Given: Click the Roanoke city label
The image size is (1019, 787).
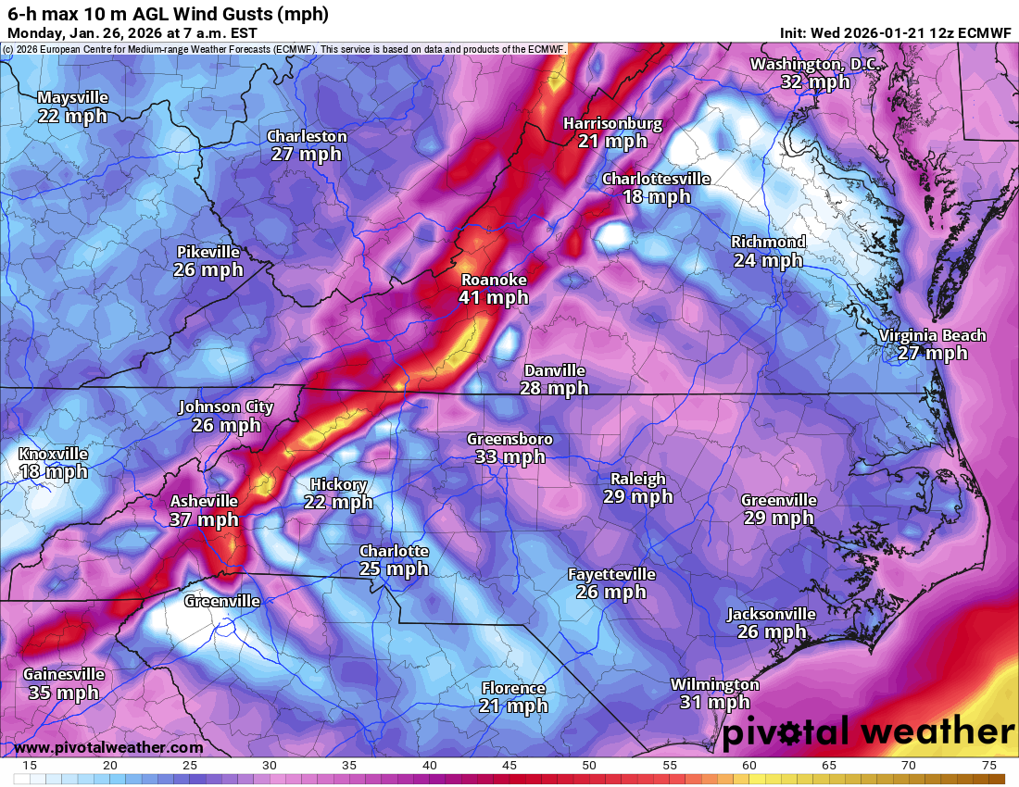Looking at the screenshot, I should pos(494,280).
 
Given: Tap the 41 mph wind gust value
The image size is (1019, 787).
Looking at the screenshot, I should pos(494,298).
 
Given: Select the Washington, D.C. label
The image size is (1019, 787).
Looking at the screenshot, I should pos(815,64).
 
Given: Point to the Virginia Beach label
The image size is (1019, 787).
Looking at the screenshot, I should pos(932,335).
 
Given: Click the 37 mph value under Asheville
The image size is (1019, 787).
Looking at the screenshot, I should pos(204,520).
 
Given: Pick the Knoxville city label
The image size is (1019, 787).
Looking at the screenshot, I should pos(53,454).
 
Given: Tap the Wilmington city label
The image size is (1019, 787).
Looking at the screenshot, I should pos(714,684).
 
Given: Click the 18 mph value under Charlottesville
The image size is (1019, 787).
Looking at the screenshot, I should pos(656,196).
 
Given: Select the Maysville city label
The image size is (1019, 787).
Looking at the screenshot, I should pos(72,97).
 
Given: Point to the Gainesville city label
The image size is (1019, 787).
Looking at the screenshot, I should pos(63,674).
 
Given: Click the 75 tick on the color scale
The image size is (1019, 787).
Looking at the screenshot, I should pos(988,766).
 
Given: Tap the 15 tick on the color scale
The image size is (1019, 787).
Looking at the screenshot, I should pos(30,766).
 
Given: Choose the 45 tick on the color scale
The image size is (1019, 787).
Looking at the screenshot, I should pos(509,766).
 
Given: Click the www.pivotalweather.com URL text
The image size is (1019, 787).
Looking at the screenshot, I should pos(108,747).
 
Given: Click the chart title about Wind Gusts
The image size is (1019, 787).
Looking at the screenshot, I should pos(167,14).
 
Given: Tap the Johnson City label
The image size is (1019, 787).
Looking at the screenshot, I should pos(226,406).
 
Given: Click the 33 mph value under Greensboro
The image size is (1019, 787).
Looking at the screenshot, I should pos(509,456).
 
